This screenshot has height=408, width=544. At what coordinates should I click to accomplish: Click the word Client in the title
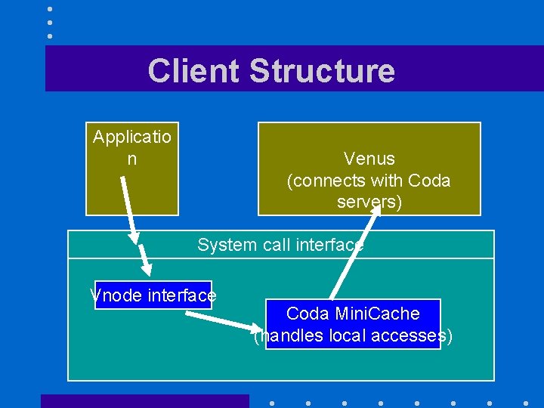tap(194, 70)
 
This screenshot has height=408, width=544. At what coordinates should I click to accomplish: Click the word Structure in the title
tap(321, 70)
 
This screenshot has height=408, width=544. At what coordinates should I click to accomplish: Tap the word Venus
tap(369, 159)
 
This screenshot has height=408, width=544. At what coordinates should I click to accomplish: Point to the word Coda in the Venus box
tap(428, 181)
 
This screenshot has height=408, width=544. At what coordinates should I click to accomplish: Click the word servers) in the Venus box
tap(369, 202)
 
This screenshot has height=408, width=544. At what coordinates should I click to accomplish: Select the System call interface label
tap(280, 245)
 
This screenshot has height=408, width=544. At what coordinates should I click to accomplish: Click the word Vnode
tap(116, 295)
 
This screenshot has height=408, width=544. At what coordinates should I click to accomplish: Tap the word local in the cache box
tap(354, 335)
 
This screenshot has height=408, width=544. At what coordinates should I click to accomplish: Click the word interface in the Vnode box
tap(182, 295)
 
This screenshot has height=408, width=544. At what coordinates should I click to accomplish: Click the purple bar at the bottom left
tap(144, 400)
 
